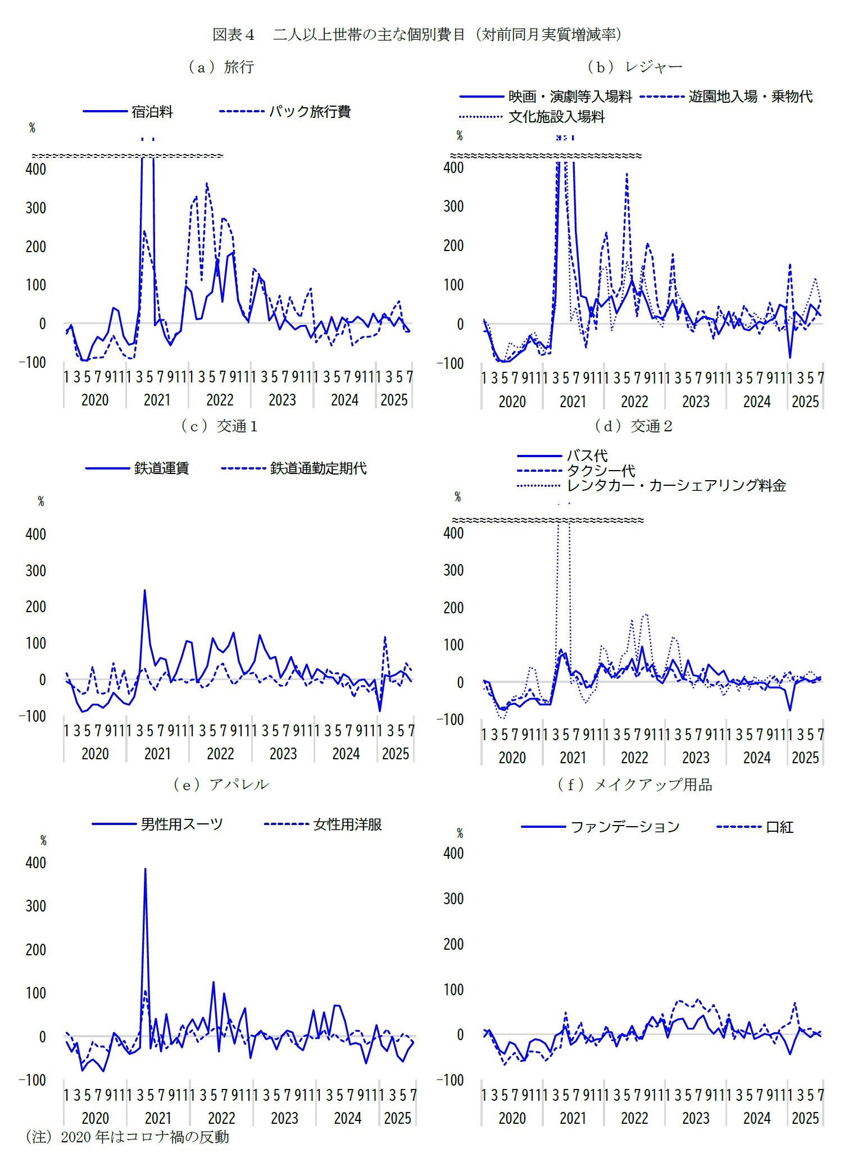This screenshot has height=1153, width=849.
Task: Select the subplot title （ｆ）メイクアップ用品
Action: (x=634, y=785)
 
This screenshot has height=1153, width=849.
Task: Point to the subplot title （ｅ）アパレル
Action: (x=221, y=785)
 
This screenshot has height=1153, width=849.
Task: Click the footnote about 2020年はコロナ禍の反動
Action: (x=128, y=1137)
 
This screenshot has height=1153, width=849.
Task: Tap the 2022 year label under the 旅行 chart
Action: (x=220, y=400)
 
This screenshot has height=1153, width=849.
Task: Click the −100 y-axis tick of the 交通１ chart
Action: (x=33, y=716)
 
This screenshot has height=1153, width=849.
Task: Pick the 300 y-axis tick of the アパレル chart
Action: (x=35, y=906)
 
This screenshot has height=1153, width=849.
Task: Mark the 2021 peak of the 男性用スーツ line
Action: (x=145, y=869)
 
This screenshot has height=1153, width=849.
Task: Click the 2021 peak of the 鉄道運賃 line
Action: (x=144, y=591)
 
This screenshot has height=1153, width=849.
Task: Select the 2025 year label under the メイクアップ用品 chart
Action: (x=805, y=1118)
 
